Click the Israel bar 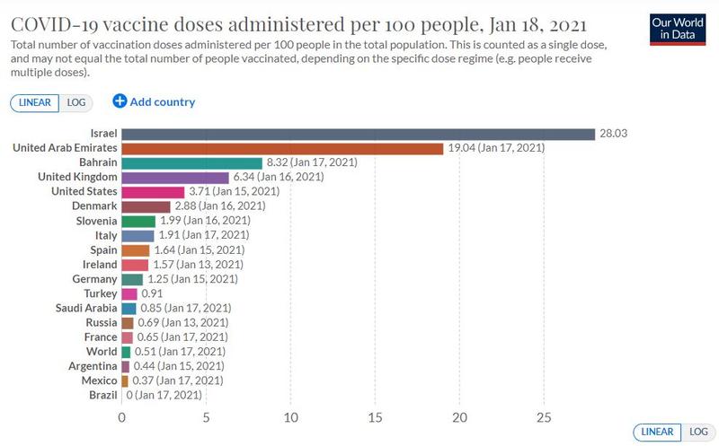[x=358, y=134]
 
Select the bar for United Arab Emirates [x=282, y=148]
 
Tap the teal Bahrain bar [x=191, y=162]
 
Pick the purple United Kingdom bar [x=175, y=178]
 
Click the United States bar [x=153, y=192]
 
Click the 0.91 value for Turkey [x=152, y=293]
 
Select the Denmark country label [x=93, y=206]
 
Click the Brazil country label [x=102, y=395]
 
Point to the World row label [x=102, y=352]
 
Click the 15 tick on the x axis [x=376, y=417]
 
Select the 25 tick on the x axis [x=545, y=417]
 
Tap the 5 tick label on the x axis [x=206, y=417]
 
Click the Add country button [x=154, y=101]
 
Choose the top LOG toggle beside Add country [x=76, y=102]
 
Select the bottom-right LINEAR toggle [x=655, y=433]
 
